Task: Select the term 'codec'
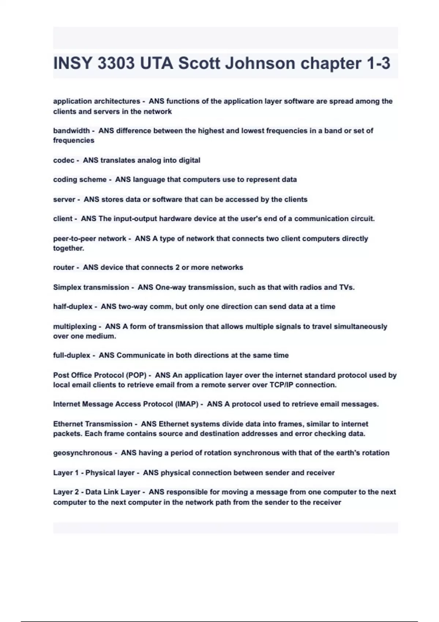coord(64,160)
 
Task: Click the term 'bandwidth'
coord(71,131)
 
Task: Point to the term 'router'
coord(64,267)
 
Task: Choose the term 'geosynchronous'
coord(83,453)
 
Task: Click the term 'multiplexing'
coord(75,326)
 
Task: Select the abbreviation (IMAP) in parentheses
coord(187,404)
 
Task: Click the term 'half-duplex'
coord(73,307)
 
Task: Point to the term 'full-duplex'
coord(72,355)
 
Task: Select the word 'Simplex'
coord(67,287)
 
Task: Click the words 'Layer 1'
coord(66,473)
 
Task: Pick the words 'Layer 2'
coord(66,492)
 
